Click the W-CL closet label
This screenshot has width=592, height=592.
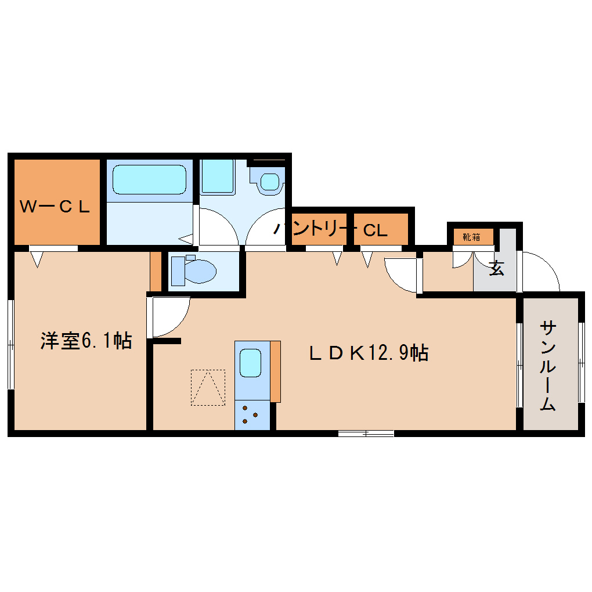[x=55, y=207]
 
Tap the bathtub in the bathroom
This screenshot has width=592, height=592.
[x=149, y=179]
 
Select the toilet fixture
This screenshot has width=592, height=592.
[x=193, y=270]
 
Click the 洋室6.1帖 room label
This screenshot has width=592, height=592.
[x=86, y=341]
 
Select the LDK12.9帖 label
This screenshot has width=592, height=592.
[x=369, y=352]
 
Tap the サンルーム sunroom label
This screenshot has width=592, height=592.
[x=548, y=366]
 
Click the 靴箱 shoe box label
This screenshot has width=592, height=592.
[x=471, y=237]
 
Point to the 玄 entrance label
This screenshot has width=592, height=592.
[x=496, y=269]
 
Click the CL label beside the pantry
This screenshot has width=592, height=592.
[x=375, y=230]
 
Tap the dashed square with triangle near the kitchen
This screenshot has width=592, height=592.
[x=208, y=387]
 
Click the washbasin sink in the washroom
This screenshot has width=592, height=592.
[x=269, y=181]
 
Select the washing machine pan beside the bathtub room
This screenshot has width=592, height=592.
[x=218, y=176]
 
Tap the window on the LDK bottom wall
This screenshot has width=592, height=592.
[x=366, y=433]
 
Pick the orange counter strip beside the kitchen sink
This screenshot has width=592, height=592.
[x=275, y=371]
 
